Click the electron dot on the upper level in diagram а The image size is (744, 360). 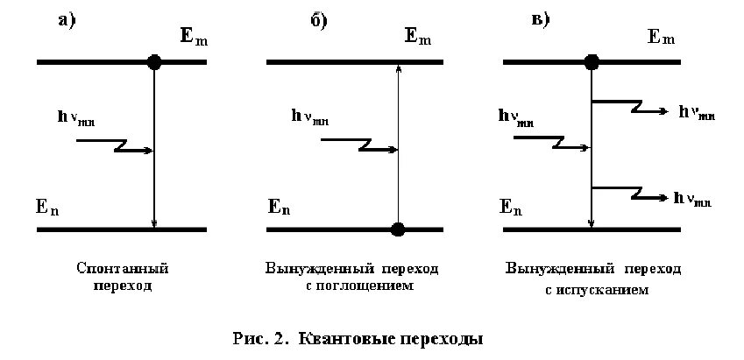154,62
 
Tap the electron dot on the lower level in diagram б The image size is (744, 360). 398,229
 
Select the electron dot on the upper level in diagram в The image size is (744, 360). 592,62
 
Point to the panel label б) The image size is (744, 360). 319,22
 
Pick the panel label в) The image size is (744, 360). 541,21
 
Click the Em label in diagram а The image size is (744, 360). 192,38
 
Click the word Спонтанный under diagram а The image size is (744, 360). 122,267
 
